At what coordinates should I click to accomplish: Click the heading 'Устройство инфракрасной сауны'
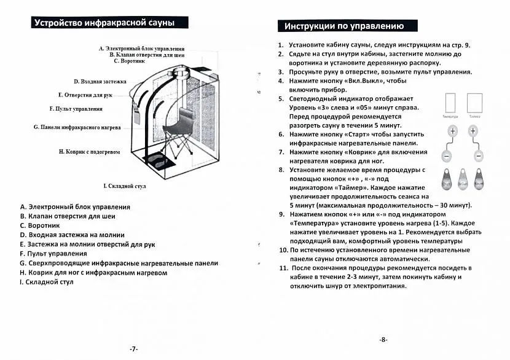(104, 23)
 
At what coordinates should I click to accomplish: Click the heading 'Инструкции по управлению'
(343, 26)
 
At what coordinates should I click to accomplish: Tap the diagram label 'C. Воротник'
(129, 61)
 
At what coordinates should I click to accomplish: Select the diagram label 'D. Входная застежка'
(100, 81)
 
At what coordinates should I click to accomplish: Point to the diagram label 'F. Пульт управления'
(76, 109)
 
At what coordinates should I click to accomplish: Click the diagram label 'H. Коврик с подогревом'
(89, 151)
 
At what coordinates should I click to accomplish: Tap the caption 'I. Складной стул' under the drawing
(124, 185)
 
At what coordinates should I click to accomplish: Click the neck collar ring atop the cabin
(181, 74)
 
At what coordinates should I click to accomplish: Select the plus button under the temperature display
(452, 131)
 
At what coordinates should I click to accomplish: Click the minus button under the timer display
(473, 155)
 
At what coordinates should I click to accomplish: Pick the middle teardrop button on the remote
(462, 179)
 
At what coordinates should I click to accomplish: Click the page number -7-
(133, 348)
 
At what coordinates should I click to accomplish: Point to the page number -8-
(383, 339)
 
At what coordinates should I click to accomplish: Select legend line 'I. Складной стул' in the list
(47, 281)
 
